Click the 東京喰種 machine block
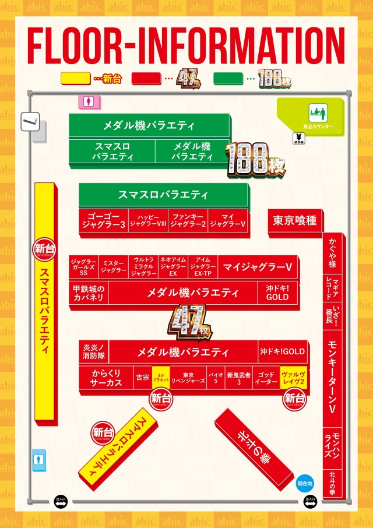pyautogui.click(x=295, y=221)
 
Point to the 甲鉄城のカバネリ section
pyautogui.click(x=88, y=293)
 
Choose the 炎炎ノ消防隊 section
pyautogui.click(x=94, y=351)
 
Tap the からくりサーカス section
pyautogui.click(x=106, y=378)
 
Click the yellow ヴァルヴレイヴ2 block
pyautogui.click(x=294, y=378)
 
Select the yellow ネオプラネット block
pyautogui.click(x=161, y=378)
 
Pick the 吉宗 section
pyautogui.click(x=142, y=378)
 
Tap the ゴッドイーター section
pyautogui.click(x=266, y=378)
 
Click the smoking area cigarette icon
pyautogui.click(x=29, y=122)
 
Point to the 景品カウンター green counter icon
pyautogui.click(x=318, y=111)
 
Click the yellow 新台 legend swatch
pyautogui.click(x=75, y=79)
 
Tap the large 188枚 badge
pyautogui.click(x=256, y=159)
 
